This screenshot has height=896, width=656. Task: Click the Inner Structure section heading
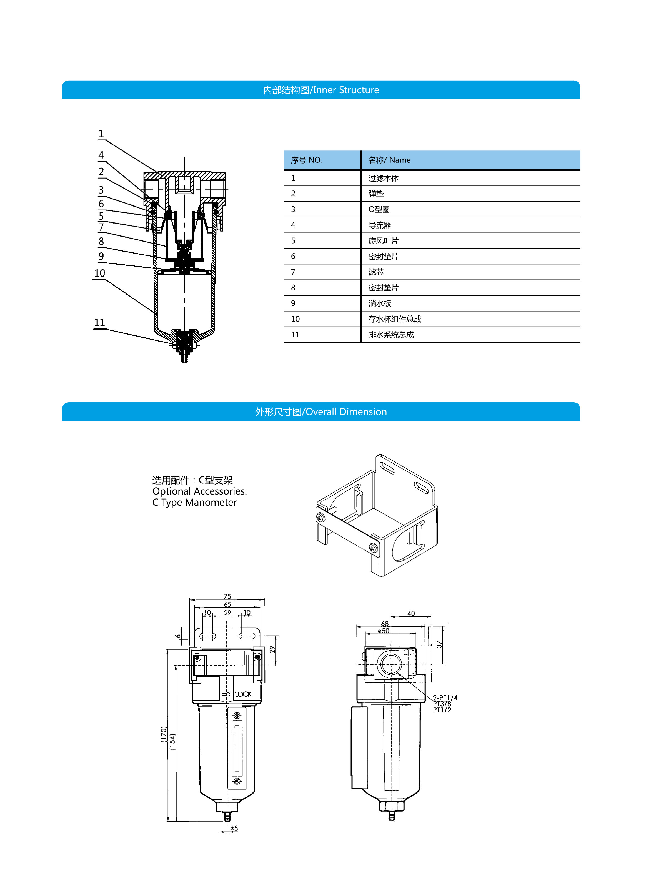click(321, 90)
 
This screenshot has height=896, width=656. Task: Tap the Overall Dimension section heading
click(321, 412)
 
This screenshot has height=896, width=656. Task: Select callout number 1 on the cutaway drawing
click(101, 134)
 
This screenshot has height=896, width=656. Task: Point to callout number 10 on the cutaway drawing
click(100, 273)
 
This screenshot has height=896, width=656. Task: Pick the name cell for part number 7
click(376, 272)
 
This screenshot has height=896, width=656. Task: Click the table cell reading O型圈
click(379, 209)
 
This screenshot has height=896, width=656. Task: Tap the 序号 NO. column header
click(306, 160)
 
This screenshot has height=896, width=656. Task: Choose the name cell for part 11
click(391, 335)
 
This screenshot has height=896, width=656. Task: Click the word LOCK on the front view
click(243, 694)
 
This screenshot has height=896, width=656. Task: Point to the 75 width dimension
click(227, 596)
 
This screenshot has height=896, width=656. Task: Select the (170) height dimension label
click(163, 734)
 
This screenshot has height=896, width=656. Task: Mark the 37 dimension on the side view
click(439, 644)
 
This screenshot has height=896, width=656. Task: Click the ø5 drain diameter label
click(234, 828)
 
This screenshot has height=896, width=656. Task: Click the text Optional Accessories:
click(199, 491)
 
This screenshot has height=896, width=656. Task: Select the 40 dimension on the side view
click(411, 613)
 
